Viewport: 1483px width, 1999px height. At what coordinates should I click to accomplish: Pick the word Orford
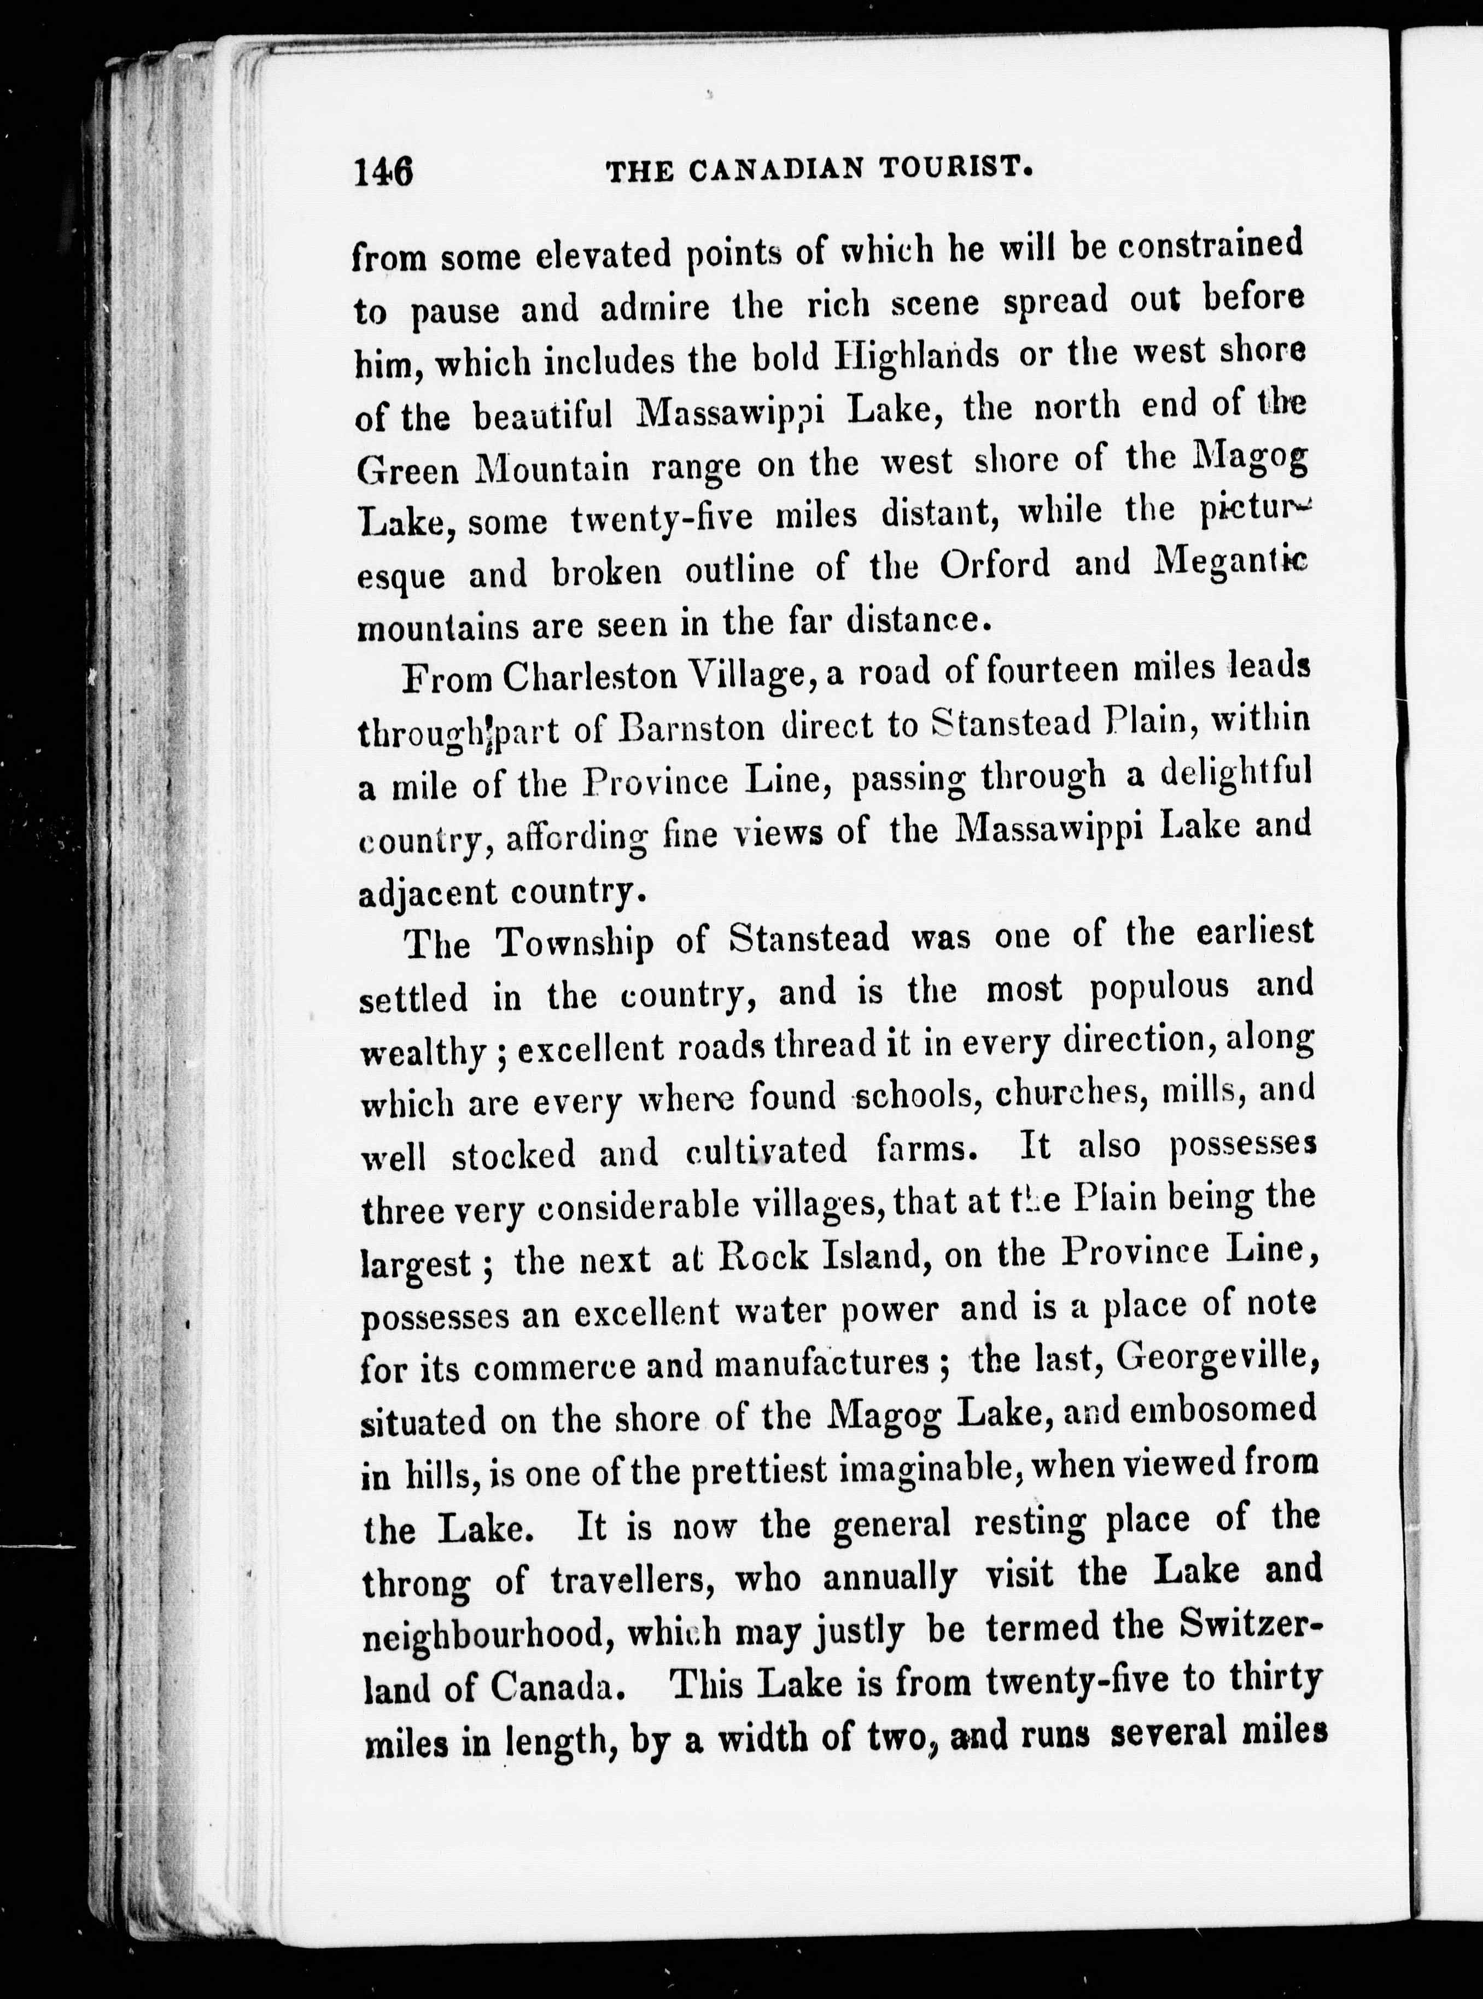coord(995,565)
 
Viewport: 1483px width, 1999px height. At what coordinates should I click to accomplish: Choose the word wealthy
coord(424,1052)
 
